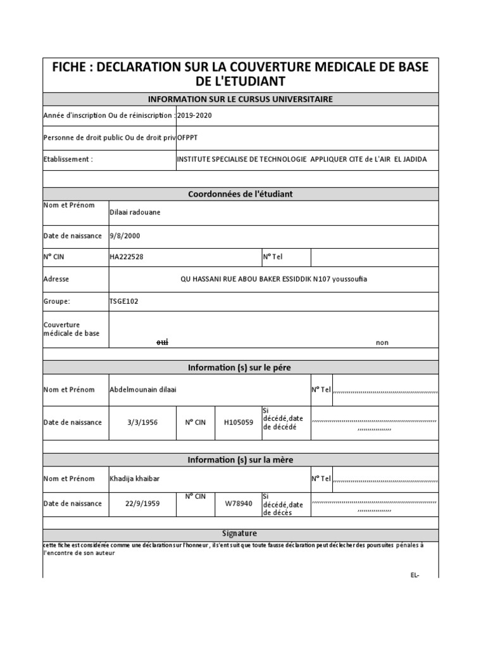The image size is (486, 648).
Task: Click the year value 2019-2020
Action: [196, 116]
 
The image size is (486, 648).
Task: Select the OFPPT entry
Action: [189, 137]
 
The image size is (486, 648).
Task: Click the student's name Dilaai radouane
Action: [135, 212]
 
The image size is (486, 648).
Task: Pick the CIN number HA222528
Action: [127, 258]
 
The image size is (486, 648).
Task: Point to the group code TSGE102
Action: [124, 301]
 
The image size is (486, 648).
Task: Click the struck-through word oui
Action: [163, 342]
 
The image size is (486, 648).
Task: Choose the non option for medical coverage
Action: [382, 342]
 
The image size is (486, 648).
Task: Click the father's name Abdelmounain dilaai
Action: [143, 389]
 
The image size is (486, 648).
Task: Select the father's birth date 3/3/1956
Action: [142, 422]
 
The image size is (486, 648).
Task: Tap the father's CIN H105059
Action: [239, 422]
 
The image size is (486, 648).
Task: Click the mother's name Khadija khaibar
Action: [135, 478]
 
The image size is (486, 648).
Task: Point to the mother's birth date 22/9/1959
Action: [142, 504]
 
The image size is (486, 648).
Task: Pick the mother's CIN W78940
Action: [239, 504]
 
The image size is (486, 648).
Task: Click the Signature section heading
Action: [240, 533]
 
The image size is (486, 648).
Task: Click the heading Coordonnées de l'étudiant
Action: [240, 194]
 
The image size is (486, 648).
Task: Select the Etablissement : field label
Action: [68, 159]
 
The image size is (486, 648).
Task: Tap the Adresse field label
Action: [56, 279]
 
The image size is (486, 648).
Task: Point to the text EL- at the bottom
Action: [414, 575]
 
